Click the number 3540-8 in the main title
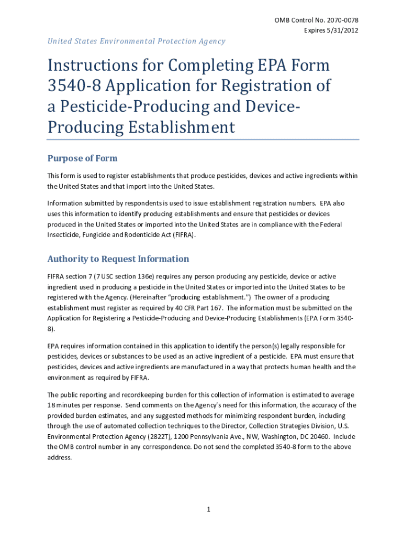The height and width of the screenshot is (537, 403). coord(74,85)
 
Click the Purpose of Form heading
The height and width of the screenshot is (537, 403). coord(83,158)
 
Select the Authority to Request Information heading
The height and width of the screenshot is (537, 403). coord(118,259)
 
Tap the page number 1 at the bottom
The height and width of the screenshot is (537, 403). coord(208,509)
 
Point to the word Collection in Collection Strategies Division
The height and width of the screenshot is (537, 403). coord(253,426)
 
